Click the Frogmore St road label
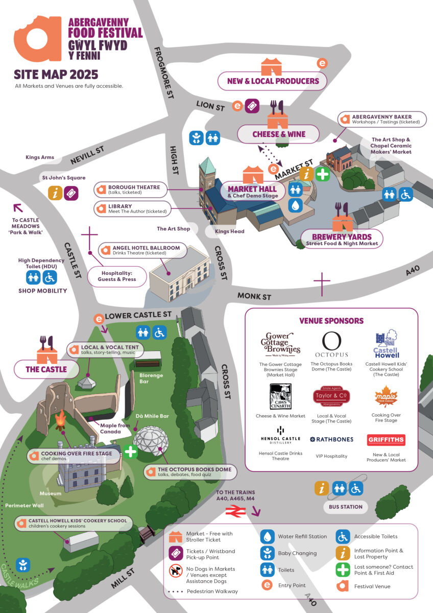point(163,73)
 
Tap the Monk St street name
point(254,296)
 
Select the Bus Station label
point(346,507)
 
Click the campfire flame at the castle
point(61,419)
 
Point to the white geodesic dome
point(150,440)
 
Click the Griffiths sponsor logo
point(386,440)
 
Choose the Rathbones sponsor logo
point(331,439)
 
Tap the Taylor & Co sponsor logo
point(331,396)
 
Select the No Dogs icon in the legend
point(176,571)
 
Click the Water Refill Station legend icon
point(267,536)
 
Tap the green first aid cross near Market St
point(323,174)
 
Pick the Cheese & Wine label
point(278,134)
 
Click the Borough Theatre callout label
point(131,190)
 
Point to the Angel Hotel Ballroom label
point(142,250)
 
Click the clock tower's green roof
point(207,166)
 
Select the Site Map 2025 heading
point(56,75)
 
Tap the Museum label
point(51,493)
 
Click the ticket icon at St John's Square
point(71,194)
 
